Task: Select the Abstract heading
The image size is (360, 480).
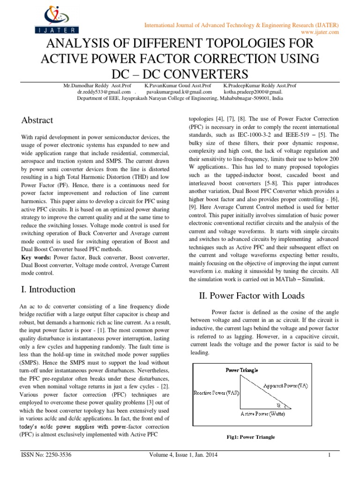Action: point(37,120)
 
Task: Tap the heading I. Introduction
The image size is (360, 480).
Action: point(48,289)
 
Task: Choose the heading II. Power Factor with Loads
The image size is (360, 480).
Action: point(246,295)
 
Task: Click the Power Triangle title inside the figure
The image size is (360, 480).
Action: point(241,370)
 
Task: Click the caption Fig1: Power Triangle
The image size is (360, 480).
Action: point(250,437)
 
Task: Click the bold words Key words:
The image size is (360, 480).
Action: point(37,258)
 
